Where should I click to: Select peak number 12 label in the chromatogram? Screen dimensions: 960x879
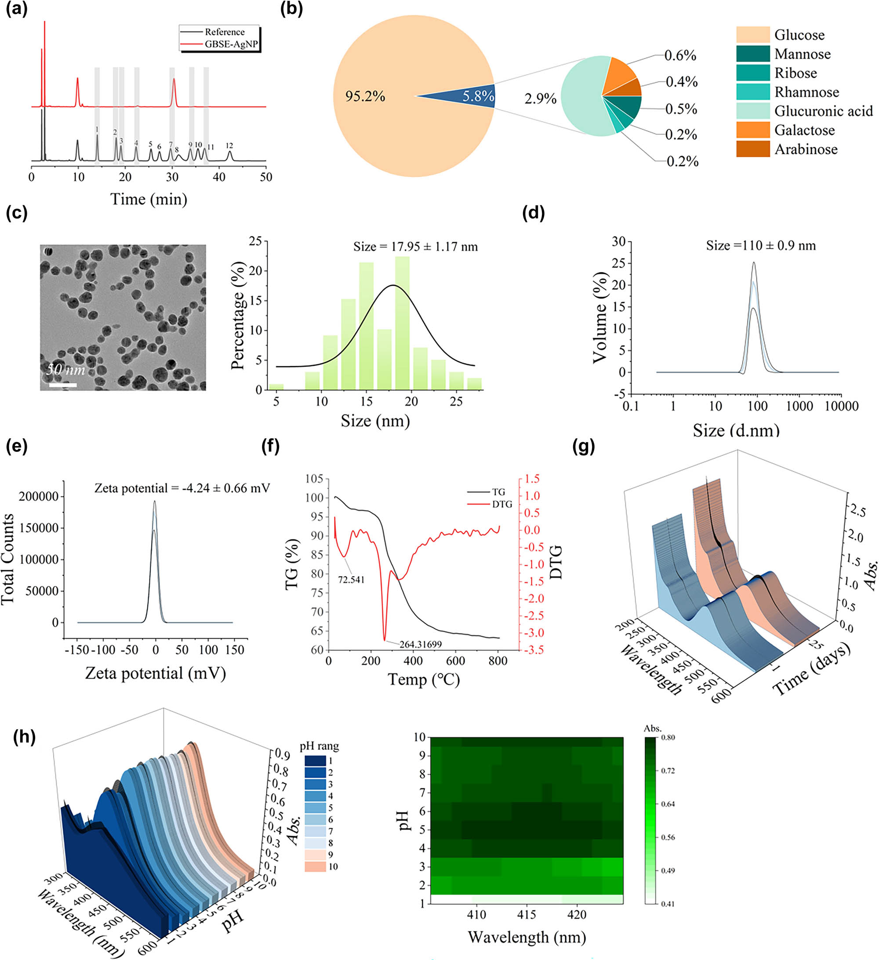click(229, 146)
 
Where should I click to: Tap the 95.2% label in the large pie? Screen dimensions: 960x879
click(365, 97)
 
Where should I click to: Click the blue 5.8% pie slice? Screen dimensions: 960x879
click(472, 96)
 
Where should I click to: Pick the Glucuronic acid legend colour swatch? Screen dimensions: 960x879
click(752, 111)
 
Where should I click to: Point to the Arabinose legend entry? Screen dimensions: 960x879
click(806, 149)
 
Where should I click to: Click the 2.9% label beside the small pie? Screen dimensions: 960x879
click(541, 98)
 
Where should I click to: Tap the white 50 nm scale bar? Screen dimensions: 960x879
click(63, 385)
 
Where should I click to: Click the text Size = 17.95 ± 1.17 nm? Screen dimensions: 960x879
click(415, 247)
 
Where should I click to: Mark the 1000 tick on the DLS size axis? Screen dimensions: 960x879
click(799, 406)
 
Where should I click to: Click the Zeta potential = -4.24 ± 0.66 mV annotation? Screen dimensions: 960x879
click(182, 488)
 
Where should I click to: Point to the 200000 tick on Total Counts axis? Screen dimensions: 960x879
click(39, 497)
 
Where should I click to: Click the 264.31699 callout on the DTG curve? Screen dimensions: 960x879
click(421, 644)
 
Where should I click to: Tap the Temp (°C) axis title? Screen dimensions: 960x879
click(424, 679)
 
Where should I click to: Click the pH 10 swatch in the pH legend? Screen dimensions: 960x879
click(315, 867)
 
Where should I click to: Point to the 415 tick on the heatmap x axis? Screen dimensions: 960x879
click(527, 915)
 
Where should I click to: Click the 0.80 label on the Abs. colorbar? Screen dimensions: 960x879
click(668, 738)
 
